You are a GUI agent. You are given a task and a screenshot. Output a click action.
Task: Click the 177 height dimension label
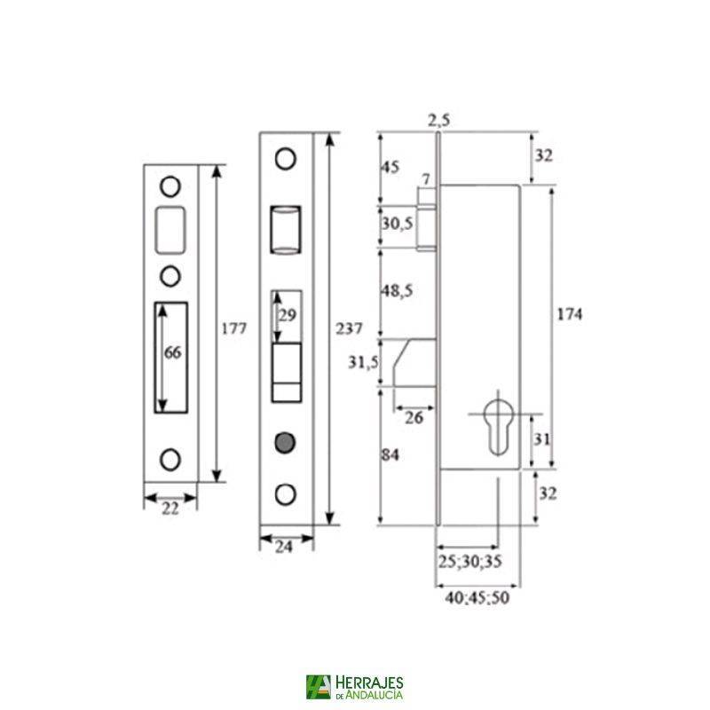click(x=233, y=328)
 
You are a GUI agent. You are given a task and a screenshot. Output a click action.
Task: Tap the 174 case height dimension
click(x=569, y=316)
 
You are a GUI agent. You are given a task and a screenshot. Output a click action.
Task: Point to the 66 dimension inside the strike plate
click(x=173, y=352)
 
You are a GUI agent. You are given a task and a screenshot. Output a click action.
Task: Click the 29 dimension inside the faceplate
click(x=288, y=316)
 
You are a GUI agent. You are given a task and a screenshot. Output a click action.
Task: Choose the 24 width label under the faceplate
click(x=286, y=547)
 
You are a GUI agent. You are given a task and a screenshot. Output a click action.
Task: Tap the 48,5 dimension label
click(x=398, y=291)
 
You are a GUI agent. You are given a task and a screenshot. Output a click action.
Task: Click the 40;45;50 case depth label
click(x=477, y=597)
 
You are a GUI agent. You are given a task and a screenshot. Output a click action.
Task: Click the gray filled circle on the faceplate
click(x=285, y=441)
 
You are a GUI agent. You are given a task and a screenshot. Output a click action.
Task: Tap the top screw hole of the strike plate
click(x=170, y=186)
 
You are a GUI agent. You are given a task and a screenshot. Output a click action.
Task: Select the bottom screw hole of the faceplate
click(x=285, y=493)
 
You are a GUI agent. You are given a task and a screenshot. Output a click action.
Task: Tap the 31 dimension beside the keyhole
click(x=542, y=438)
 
